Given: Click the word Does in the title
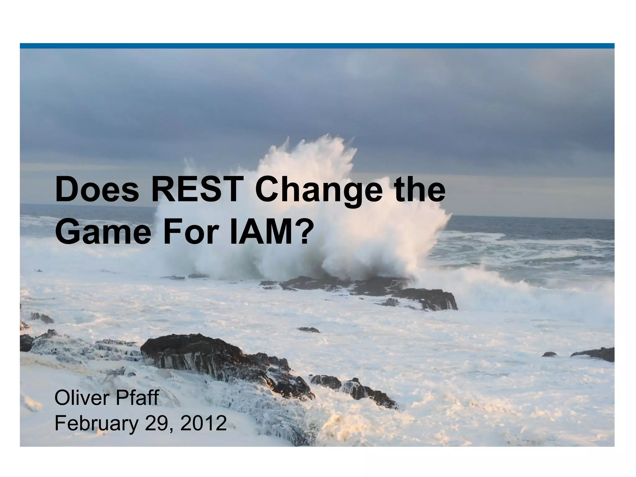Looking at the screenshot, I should click(97, 190).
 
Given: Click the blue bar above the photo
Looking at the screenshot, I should click(317, 46).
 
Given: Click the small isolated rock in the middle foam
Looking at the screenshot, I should click(308, 329).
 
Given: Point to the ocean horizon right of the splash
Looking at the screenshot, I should click(528, 218).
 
